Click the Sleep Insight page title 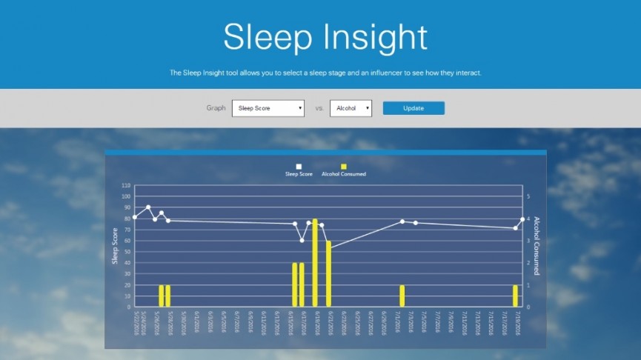[x=325, y=36]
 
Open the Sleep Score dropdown [x=268, y=108]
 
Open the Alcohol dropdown [x=351, y=108]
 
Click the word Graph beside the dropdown [x=216, y=108]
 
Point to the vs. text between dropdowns [x=319, y=108]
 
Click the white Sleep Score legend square [x=299, y=167]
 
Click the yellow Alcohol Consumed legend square [x=343, y=167]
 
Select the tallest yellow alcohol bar [x=315, y=262]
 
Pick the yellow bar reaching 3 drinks [x=328, y=273]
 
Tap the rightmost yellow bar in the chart [x=515, y=296]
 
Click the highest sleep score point [x=148, y=207]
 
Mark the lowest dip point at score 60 [x=302, y=240]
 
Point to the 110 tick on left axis [x=125, y=185]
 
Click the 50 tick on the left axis [x=127, y=252]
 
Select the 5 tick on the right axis [x=528, y=197]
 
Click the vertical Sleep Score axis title [x=115, y=246]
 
